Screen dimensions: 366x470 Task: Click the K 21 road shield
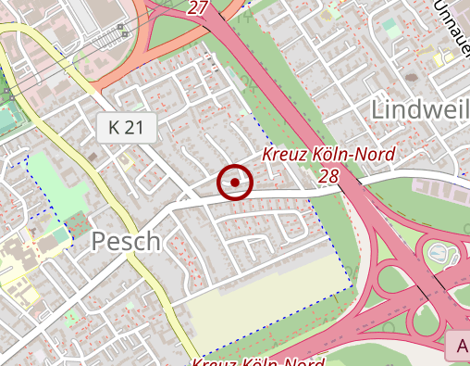[126, 129]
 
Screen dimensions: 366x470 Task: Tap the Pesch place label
[126, 242]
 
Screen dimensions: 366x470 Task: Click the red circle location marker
[235, 183]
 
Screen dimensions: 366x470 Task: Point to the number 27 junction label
[197, 7]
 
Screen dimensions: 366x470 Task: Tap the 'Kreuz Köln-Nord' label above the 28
[328, 154]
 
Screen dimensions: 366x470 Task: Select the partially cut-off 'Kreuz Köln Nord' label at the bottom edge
[259, 361]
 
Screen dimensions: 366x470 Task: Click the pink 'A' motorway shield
[459, 347]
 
